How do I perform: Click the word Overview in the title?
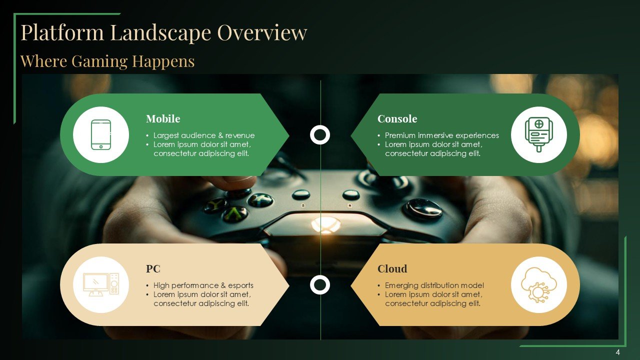(x=262, y=32)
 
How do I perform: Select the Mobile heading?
(x=163, y=118)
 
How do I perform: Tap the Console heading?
(x=397, y=118)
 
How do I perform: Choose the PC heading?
(x=153, y=269)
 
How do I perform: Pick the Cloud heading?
(x=392, y=269)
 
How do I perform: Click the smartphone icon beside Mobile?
(x=101, y=134)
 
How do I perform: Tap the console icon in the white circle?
(x=539, y=134)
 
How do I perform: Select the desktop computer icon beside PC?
(x=101, y=284)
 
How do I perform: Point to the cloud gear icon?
(x=539, y=285)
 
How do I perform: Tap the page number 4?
(x=618, y=352)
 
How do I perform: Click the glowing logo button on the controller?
(x=325, y=224)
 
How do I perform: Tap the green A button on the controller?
(x=235, y=213)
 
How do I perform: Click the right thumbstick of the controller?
(x=423, y=208)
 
